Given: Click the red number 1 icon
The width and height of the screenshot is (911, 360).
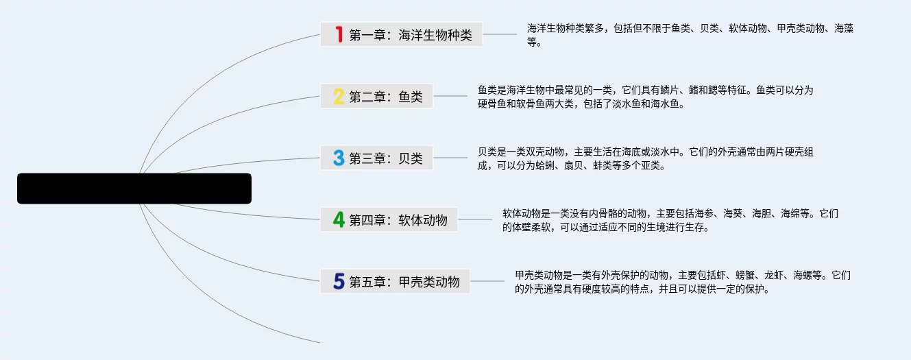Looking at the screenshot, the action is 338,34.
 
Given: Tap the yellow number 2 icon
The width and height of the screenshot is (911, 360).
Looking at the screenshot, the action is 338,97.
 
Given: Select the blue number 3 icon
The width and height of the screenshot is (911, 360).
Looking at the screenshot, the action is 338,158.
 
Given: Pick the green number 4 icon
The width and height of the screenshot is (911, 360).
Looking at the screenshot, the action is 338,219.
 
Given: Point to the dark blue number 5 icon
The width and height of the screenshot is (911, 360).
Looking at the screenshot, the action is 338,281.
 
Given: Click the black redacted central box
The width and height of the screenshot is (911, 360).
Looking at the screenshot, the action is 134,189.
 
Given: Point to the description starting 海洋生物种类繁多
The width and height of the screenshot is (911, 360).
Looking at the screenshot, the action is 690,35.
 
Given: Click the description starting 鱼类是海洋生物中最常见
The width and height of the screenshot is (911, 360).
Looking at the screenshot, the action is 645,97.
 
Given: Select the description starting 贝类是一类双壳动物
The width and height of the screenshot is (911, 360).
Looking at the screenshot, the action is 645,158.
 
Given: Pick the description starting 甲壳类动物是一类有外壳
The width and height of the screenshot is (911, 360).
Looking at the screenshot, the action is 682,282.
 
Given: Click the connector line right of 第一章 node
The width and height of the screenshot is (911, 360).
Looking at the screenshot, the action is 500,34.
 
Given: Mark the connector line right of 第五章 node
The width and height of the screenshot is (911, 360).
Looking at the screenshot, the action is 487,281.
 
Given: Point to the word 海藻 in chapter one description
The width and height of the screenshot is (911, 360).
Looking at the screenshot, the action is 844,29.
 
